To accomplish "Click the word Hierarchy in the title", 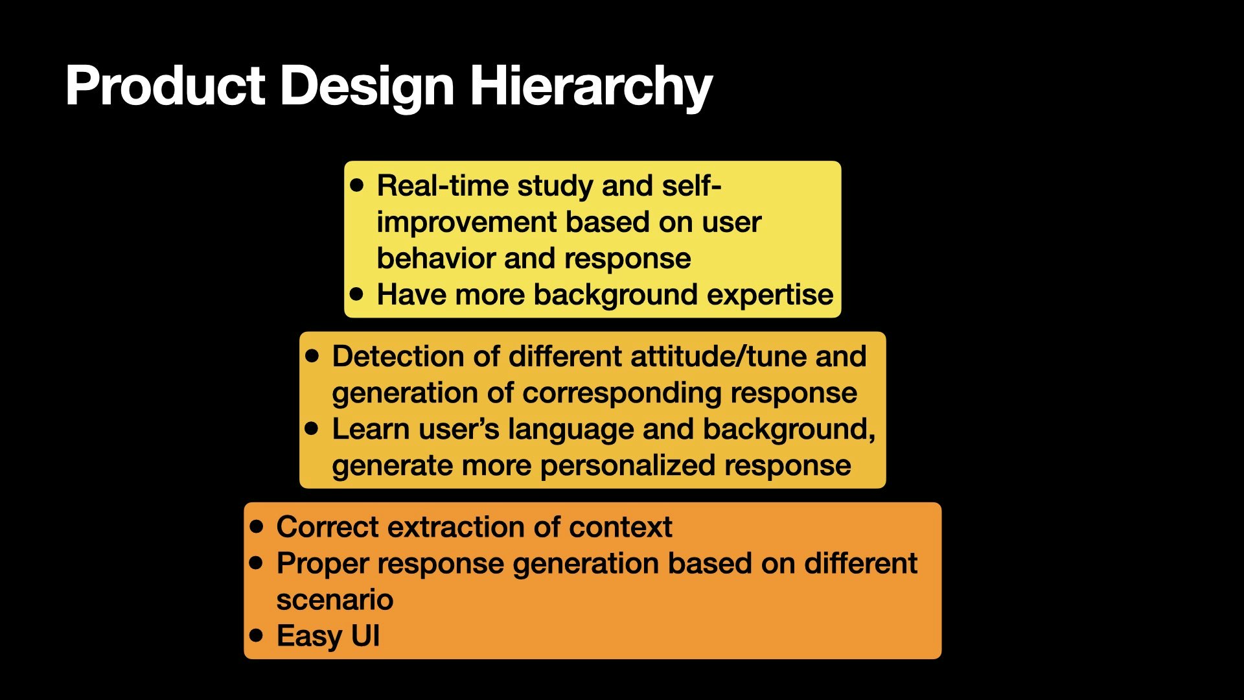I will coord(590,86).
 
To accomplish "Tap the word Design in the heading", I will coord(367,86).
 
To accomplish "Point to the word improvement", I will coord(466,222).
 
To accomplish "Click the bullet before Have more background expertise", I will coord(356,294).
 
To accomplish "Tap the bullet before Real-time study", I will coord(356,185).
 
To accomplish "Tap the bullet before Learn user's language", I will coord(312,428).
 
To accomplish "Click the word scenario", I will coord(334,600).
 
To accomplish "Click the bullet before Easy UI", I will coord(257,635).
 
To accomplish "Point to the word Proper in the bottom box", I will coord(322,564).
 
